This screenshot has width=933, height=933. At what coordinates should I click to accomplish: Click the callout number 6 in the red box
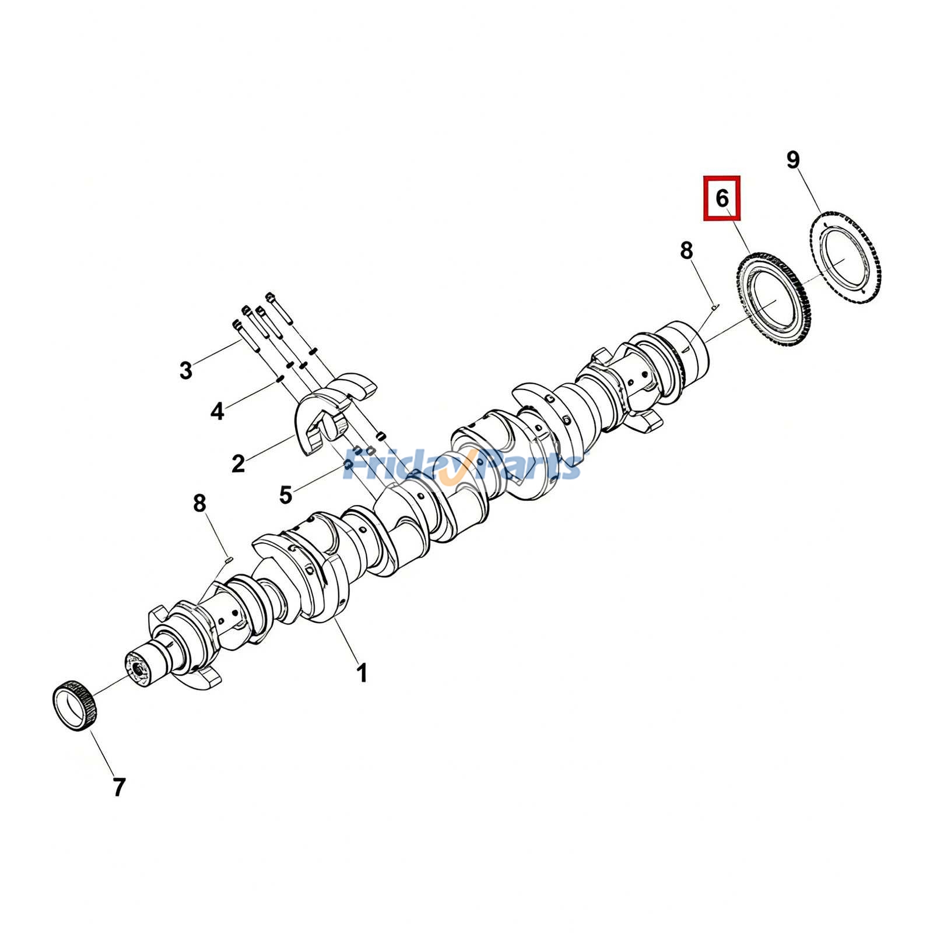coord(722,198)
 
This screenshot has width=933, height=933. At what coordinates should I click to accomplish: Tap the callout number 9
coord(793,159)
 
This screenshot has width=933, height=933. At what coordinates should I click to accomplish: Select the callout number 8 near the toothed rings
coord(686,251)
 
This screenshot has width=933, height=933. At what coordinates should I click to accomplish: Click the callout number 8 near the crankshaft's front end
coord(199,503)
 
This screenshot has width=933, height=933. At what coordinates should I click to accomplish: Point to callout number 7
coord(119,787)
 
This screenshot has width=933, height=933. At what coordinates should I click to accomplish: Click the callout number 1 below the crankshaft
coord(362,673)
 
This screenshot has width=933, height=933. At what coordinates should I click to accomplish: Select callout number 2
coord(238,464)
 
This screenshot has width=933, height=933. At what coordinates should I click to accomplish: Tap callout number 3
coord(185,370)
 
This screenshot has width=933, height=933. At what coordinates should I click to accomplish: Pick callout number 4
coord(217,412)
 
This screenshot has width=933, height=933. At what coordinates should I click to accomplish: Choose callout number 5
coord(285,495)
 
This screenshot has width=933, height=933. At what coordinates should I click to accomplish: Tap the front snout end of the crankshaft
coord(140,667)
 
